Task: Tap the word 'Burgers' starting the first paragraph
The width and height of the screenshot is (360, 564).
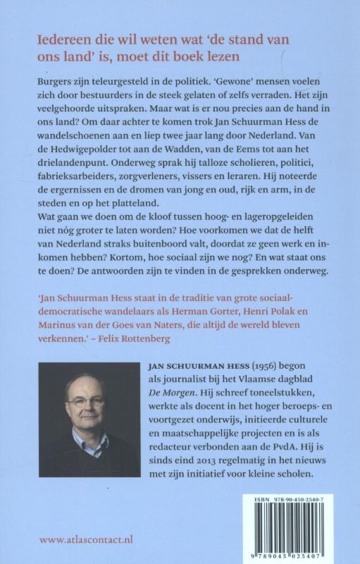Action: point(57,82)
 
